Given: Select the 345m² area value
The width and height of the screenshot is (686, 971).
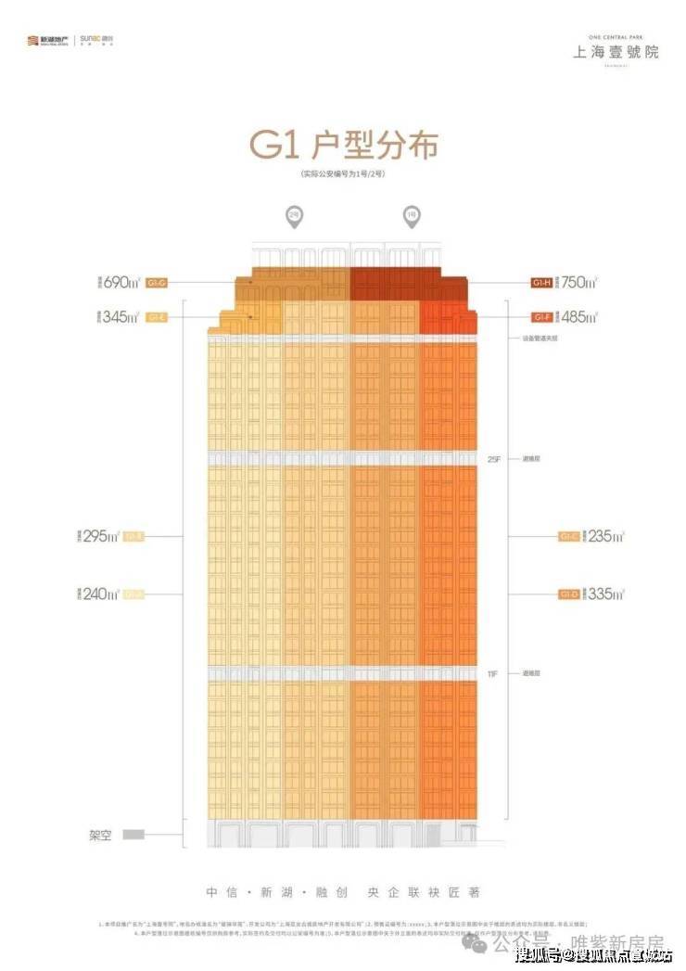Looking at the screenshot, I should pyautogui.click(x=121, y=317).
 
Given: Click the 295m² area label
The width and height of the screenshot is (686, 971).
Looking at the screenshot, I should pyautogui.click(x=99, y=536).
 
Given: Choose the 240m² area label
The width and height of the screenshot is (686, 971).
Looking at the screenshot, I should pyautogui.click(x=99, y=594).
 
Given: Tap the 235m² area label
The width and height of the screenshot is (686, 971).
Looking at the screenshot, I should pyautogui.click(x=604, y=536).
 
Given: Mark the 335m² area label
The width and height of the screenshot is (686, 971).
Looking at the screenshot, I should pyautogui.click(x=604, y=594).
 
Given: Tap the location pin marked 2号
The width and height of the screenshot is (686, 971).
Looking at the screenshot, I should pyautogui.click(x=294, y=217).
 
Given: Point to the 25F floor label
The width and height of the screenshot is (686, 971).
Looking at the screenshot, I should pyautogui.click(x=492, y=458).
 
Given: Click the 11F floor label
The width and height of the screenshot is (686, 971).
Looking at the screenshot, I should pyautogui.click(x=492, y=674).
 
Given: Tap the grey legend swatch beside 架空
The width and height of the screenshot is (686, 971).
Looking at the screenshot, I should pyautogui.click(x=134, y=834).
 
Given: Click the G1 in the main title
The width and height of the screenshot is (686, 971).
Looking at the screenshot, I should pyautogui.click(x=275, y=147).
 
